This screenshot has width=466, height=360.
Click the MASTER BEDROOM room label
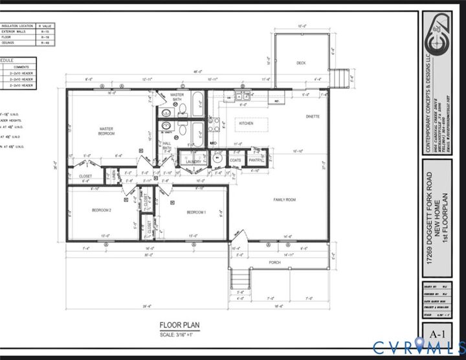[106, 131]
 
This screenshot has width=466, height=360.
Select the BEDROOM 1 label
[196, 212]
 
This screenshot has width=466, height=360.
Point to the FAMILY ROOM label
[284, 199]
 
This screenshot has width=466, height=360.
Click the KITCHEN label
[245, 123]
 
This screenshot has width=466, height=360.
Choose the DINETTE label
[313, 117]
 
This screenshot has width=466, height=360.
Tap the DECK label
[301, 63]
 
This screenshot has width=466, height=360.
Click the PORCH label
[275, 262]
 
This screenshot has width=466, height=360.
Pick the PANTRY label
[254, 160]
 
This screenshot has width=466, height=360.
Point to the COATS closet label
[236, 160]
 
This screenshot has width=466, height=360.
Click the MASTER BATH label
[177, 96]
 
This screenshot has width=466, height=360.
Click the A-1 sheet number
[438, 333]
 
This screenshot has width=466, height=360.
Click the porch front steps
[241, 280]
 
